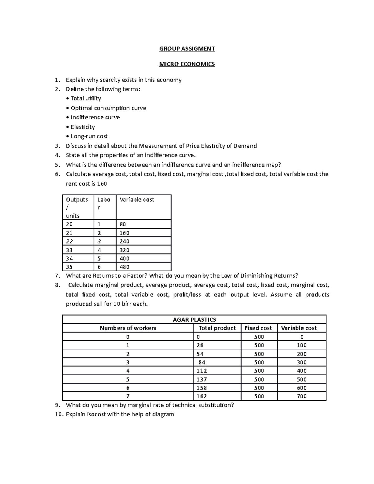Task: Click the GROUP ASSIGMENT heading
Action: click(187, 49)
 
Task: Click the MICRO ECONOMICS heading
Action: click(187, 64)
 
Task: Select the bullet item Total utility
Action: click(86, 98)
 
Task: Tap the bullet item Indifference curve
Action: click(95, 117)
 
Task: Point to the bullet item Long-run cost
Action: click(89, 136)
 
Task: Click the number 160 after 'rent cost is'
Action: click(102, 184)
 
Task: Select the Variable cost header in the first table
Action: click(137, 200)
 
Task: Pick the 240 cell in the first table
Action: click(124, 242)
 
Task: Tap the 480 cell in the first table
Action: click(124, 267)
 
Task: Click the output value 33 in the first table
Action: click(69, 250)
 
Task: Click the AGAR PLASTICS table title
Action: click(194, 319)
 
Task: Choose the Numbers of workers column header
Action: click(128, 328)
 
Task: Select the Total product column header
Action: click(217, 328)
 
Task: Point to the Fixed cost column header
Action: click(258, 328)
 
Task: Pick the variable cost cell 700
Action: click(302, 396)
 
